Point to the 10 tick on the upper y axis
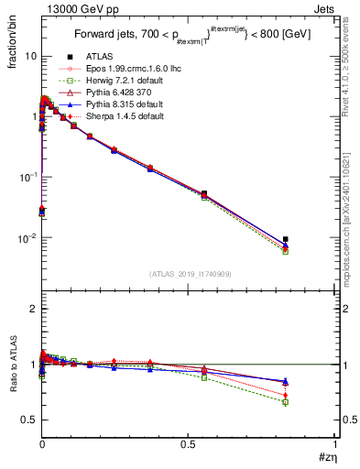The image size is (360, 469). (30, 57)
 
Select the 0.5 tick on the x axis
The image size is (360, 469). (188, 444)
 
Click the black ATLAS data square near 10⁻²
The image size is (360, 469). (286, 239)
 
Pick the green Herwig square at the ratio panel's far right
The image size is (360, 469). (286, 402)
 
